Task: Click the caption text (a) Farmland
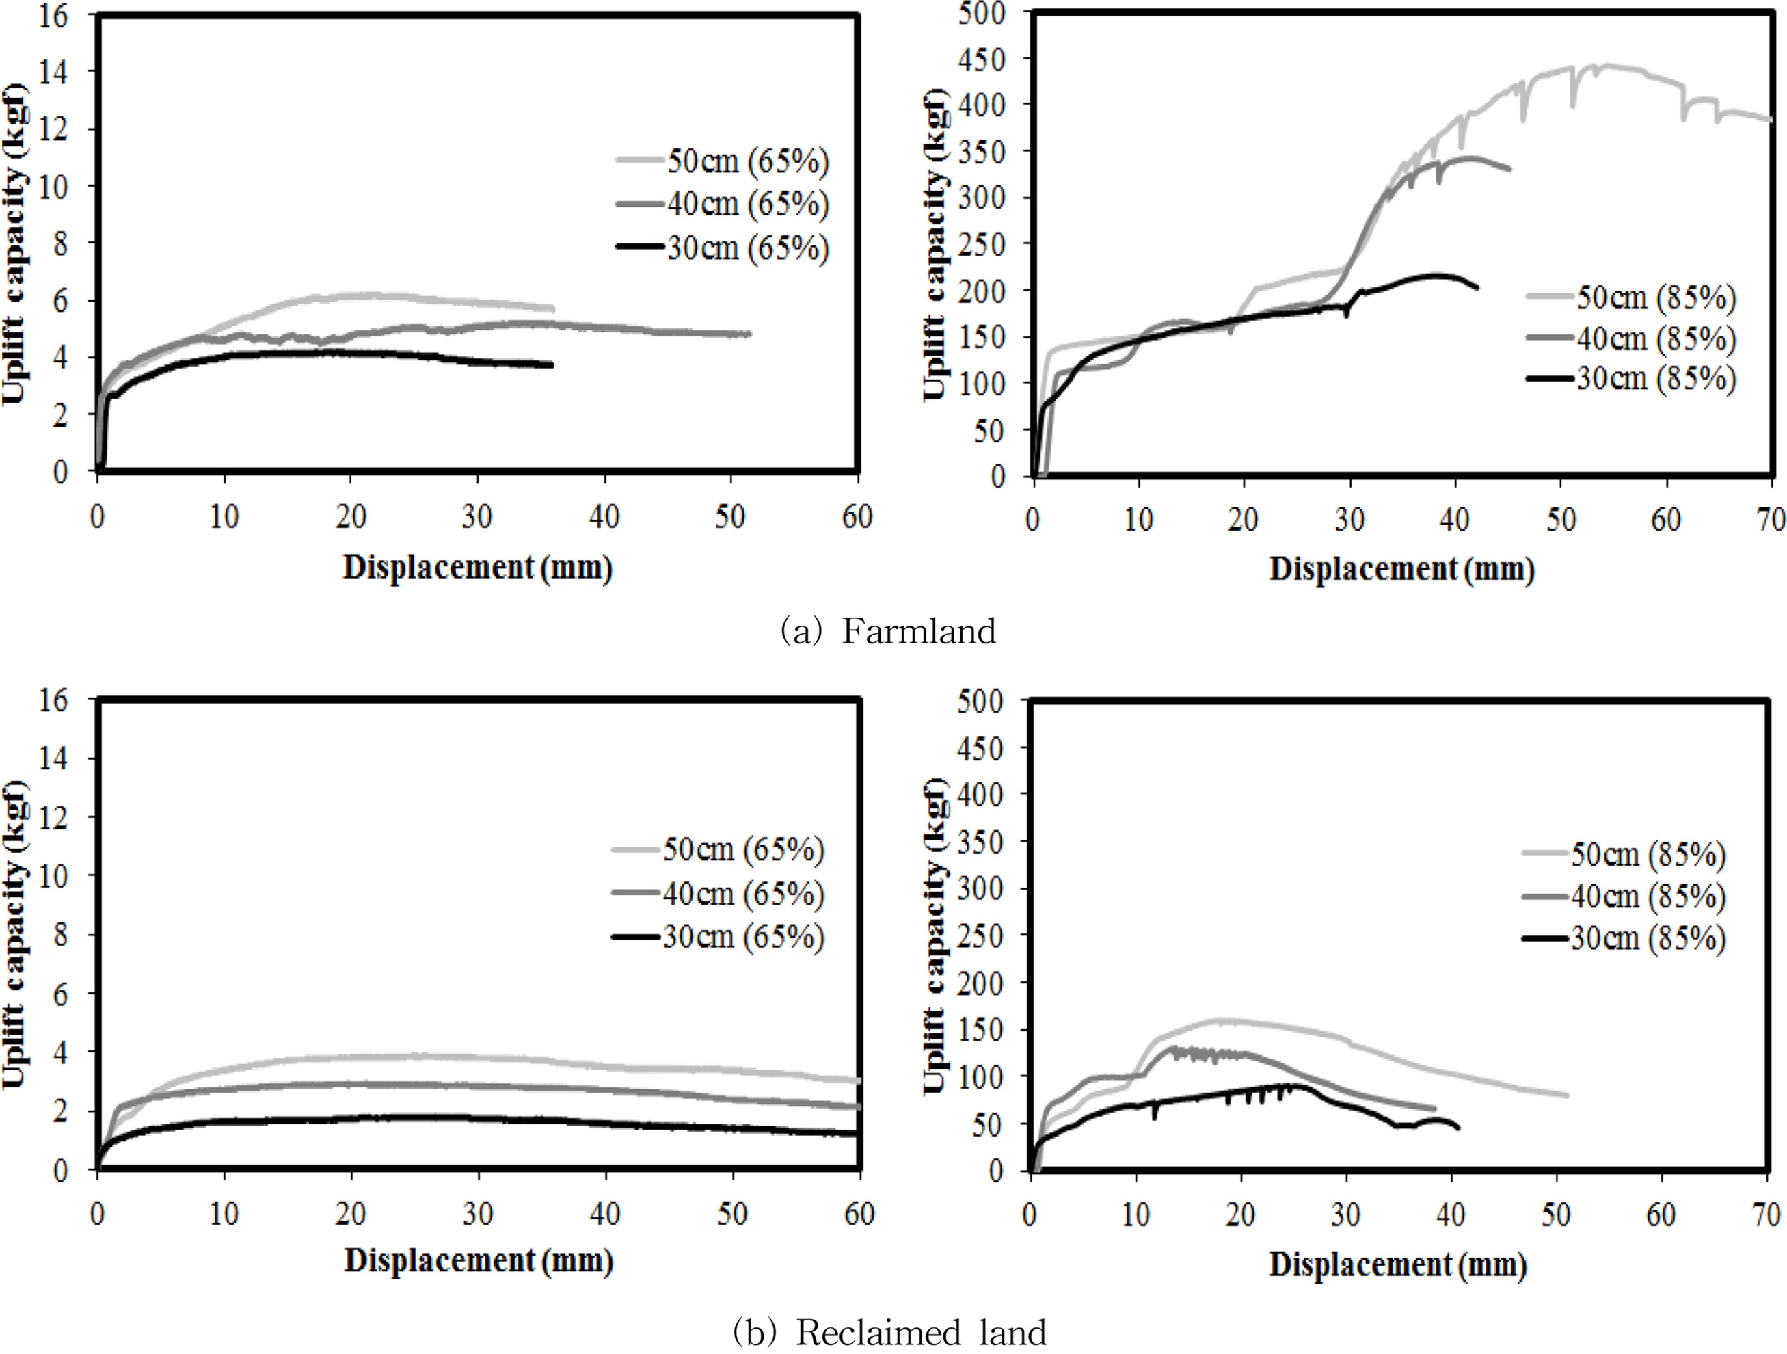pyautogui.click(x=887, y=632)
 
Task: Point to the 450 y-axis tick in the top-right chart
pyautogui.click(x=982, y=59)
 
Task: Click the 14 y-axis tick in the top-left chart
pyautogui.click(x=53, y=72)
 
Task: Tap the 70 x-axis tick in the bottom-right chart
pyautogui.click(x=1766, y=1214)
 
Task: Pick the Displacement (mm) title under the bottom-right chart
pyautogui.click(x=1397, y=1264)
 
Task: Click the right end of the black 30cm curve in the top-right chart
pyautogui.click(x=1477, y=288)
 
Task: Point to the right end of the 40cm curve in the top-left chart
pyautogui.click(x=749, y=334)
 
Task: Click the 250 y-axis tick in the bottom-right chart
pyautogui.click(x=982, y=935)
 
